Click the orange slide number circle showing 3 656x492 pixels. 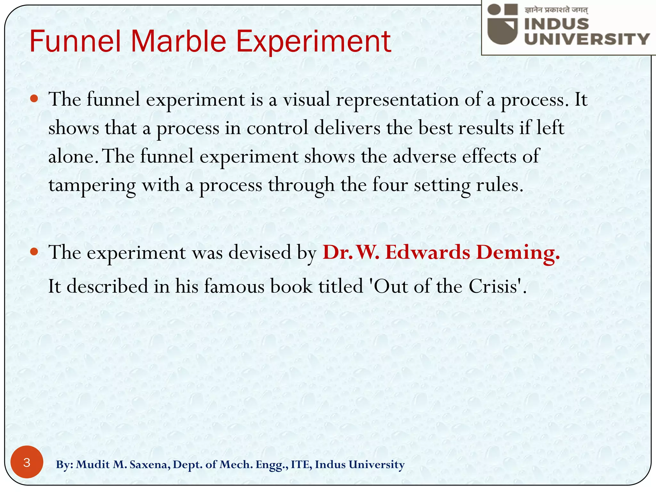coord(27,462)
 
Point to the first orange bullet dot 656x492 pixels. coord(34,98)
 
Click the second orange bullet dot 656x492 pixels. coord(34,251)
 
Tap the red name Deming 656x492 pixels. coord(518,252)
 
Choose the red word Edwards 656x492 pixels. coord(428,252)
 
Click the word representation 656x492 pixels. coord(397,100)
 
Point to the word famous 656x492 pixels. coord(234,286)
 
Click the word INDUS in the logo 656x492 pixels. coord(557,24)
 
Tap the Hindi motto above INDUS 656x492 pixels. coord(556,10)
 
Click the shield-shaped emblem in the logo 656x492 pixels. coord(503,29)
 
